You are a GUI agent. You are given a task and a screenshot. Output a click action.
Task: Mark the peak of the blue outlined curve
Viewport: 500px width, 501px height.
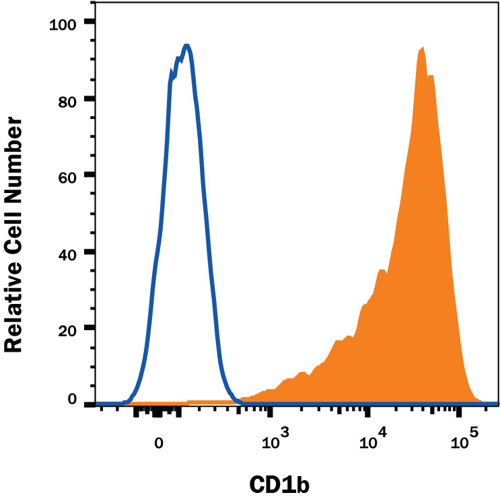(x=187, y=46)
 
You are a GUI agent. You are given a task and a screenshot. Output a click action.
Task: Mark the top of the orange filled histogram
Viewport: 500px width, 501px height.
(x=422, y=48)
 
